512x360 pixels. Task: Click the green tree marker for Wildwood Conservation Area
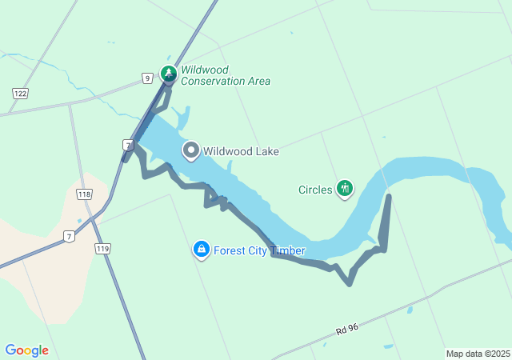coord(169,74)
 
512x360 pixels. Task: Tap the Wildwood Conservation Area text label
coord(225,75)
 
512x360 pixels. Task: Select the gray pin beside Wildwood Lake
coord(191,150)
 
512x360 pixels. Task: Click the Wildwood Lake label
coord(241,151)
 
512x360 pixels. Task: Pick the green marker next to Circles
coord(345,189)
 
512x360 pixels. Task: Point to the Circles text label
coord(314,190)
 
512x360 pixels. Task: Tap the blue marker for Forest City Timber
coord(202,250)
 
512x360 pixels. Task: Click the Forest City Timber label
coord(259,250)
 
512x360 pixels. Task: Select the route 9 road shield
coord(147,78)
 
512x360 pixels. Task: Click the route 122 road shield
coord(20,94)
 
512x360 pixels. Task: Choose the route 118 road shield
coord(84,194)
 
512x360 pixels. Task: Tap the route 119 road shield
coord(102,250)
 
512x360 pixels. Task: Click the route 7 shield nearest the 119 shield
coord(70,237)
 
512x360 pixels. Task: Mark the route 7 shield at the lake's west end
coord(127,145)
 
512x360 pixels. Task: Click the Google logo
coord(26,350)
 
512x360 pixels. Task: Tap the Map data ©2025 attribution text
coord(478,354)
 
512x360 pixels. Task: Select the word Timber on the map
coord(289,250)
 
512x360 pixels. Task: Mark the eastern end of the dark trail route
coord(389,196)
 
